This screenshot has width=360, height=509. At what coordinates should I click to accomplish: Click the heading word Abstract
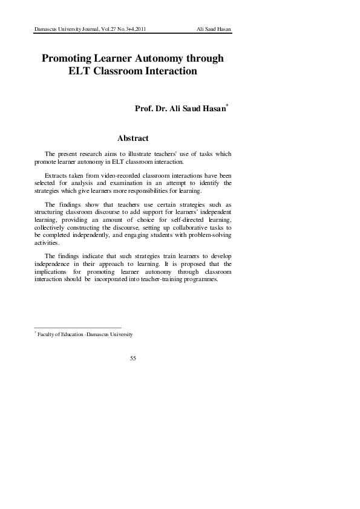tap(133, 138)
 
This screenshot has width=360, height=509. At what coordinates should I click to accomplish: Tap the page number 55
tap(133, 358)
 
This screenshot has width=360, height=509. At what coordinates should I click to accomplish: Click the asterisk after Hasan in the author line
tap(227, 106)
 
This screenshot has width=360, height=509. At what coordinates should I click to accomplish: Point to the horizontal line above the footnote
tap(78, 327)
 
